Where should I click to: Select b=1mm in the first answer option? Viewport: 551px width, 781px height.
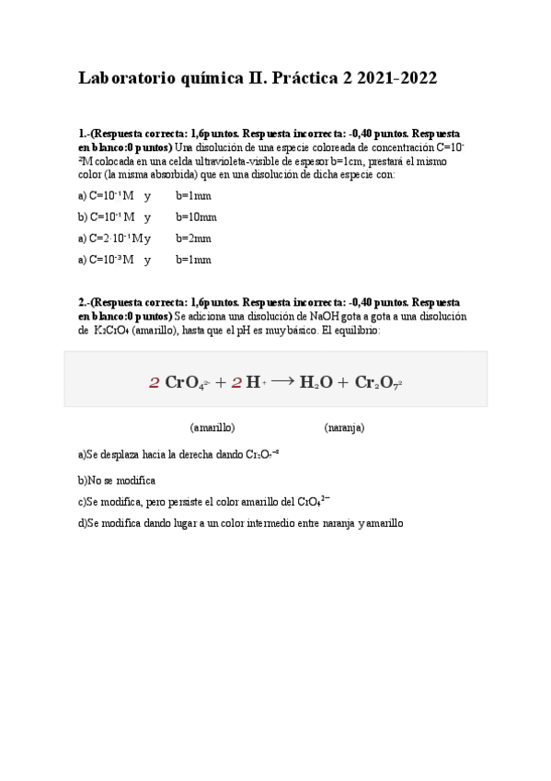point(194,195)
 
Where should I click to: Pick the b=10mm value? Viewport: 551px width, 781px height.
point(197,216)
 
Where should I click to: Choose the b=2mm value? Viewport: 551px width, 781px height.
point(194,238)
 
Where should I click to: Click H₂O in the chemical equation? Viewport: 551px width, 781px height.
point(316,382)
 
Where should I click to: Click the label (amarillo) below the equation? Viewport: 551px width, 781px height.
point(212,428)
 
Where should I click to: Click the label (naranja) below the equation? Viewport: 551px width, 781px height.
point(344,428)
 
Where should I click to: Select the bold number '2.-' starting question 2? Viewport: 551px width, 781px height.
point(85,303)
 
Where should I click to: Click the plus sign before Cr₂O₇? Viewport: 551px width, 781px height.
point(343,382)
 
